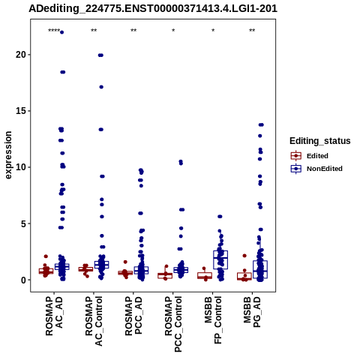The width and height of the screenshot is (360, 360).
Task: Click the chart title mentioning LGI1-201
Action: (153, 8)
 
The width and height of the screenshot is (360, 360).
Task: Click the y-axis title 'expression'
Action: (8, 155)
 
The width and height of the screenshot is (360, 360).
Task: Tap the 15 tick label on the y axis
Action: (21, 111)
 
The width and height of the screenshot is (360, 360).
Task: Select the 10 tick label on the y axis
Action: (21, 167)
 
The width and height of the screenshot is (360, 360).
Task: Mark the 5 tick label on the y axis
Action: (24, 223)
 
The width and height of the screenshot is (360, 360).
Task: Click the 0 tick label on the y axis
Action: (24, 280)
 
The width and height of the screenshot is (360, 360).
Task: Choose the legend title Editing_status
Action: (320, 141)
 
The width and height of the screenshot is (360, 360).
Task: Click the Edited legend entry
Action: (310, 156)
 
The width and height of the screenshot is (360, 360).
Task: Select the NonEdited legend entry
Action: (316, 169)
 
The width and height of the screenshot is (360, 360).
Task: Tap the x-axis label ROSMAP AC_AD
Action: (54, 316)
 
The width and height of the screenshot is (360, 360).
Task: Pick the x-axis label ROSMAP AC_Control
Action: (94, 321)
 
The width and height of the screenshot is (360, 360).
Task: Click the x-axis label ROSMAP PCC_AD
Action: (133, 316)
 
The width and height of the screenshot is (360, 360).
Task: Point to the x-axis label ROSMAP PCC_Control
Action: (173, 324)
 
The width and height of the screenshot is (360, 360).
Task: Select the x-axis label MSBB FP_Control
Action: (213, 320)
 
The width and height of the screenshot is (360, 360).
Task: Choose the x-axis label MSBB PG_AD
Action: (252, 312)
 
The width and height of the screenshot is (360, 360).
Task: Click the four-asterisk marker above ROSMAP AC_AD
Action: (54, 31)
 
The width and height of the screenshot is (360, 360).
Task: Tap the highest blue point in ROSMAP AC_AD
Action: (61, 32)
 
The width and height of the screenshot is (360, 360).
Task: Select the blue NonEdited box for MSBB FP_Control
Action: (220, 259)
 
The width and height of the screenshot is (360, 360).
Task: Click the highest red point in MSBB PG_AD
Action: (244, 256)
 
